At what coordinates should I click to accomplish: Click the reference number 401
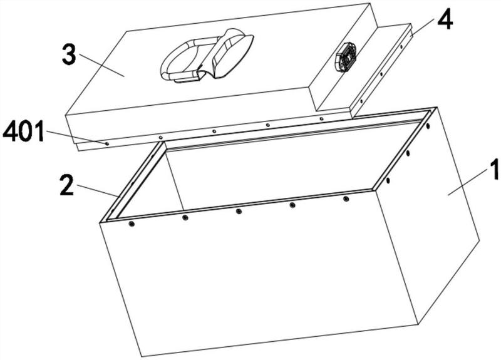tap(24, 131)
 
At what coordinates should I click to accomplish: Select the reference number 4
tap(445, 19)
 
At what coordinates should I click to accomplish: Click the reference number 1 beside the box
tap(494, 170)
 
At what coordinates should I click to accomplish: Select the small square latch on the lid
tap(346, 58)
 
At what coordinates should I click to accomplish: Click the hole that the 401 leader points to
tap(107, 143)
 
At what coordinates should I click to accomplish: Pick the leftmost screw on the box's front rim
tap(132, 224)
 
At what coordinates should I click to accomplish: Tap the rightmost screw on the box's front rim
tap(346, 199)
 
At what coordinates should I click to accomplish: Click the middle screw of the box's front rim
tap(239, 211)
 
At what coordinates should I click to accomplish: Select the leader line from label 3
tap(101, 66)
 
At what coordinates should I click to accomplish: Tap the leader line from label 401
tap(75, 137)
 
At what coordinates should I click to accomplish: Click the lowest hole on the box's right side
tap(388, 180)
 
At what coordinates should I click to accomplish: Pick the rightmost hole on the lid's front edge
tap(321, 119)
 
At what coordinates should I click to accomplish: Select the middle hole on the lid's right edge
tap(381, 74)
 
